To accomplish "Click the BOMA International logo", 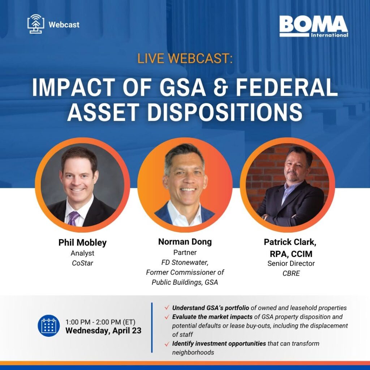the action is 314,26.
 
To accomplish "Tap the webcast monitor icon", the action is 36,24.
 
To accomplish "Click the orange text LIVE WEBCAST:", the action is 185,58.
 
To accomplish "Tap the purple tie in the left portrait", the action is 73,218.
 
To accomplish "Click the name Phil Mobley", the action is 82,242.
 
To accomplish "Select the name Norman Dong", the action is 185,242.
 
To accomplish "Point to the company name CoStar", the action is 82,263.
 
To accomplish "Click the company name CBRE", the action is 291,273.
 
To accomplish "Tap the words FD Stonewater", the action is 185,262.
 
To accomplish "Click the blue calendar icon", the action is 49,326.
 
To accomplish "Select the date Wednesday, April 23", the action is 103,331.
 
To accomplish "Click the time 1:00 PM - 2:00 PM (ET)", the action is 100,322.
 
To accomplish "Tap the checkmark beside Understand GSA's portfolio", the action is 167,307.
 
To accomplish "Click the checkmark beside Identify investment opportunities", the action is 167,344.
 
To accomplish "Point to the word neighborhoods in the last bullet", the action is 193,352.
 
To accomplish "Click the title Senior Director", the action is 291,263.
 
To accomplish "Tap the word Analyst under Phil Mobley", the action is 82,253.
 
